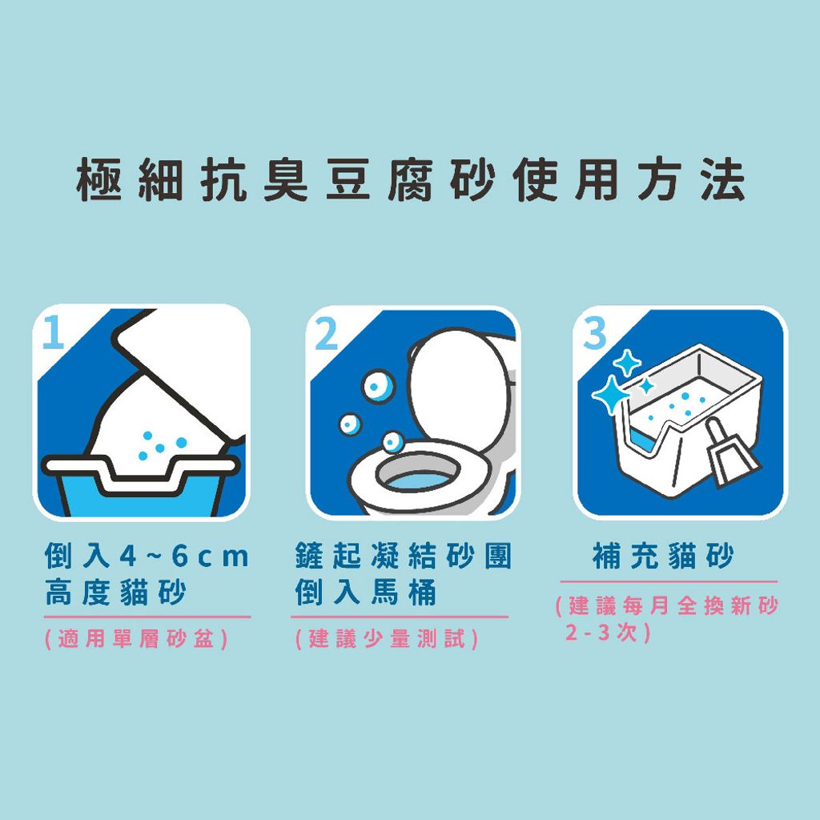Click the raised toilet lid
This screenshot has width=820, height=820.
pyautogui.click(x=458, y=384)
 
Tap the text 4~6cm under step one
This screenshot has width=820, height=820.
pyautogui.click(x=183, y=556)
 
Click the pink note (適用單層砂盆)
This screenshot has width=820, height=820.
pyautogui.click(x=137, y=640)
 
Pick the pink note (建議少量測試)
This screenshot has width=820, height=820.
pyautogui.click(x=387, y=640)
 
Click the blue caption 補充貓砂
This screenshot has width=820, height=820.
pyautogui.click(x=663, y=556)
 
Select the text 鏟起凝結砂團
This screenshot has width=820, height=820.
pyautogui.click(x=403, y=556)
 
